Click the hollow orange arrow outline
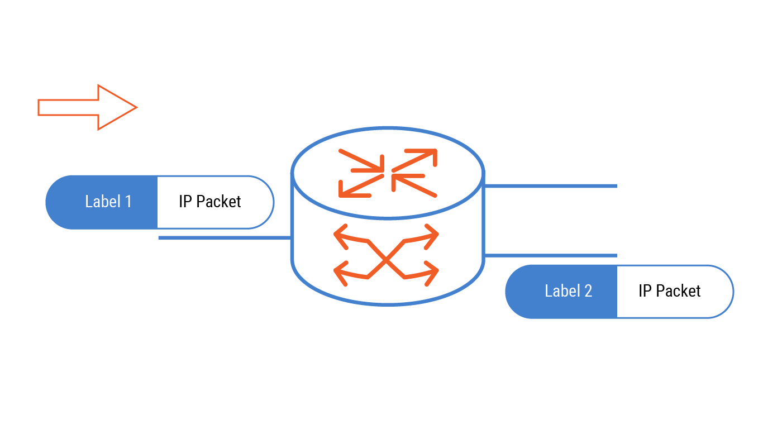point(87,107)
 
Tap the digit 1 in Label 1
point(128,202)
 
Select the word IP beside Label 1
point(185,202)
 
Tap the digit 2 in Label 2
point(588,291)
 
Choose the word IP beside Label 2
point(645,291)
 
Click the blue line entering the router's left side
point(223,238)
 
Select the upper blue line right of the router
point(550,186)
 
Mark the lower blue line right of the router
point(550,255)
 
